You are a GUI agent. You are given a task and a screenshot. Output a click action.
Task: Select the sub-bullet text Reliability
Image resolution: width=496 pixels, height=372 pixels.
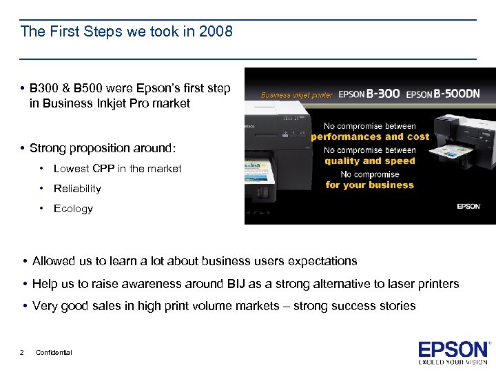click(x=77, y=189)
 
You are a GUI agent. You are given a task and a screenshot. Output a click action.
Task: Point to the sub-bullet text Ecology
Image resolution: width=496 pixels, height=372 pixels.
click(x=73, y=209)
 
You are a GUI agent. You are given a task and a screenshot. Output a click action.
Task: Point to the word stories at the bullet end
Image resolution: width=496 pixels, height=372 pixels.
click(x=397, y=306)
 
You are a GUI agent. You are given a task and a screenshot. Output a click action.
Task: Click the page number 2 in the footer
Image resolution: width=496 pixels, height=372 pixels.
click(x=23, y=353)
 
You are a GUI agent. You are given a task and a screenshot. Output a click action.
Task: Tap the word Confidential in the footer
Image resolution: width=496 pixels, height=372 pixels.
click(x=54, y=353)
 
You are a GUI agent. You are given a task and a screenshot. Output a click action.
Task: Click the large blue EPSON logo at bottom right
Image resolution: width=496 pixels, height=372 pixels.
click(x=451, y=349)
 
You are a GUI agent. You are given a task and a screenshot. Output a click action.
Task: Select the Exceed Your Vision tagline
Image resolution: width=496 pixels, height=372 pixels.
click(x=451, y=362)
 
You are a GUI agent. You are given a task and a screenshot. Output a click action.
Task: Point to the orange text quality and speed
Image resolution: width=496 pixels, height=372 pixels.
click(x=370, y=161)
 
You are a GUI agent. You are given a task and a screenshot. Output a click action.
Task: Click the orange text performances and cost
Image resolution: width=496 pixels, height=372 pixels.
click(x=370, y=136)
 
